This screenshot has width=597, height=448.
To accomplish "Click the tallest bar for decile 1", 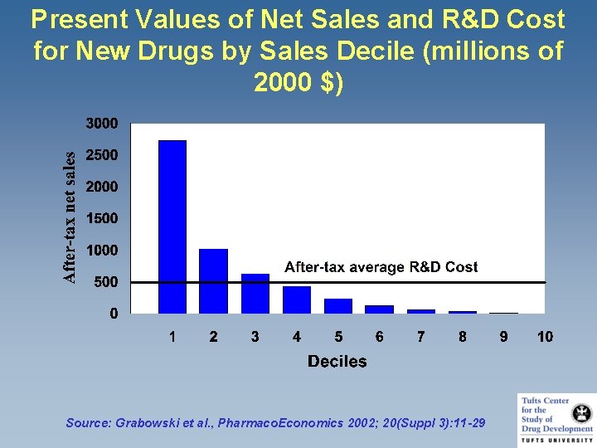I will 172,226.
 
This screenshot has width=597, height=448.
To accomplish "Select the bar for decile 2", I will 214,280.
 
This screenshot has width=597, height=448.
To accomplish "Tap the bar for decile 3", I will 255,293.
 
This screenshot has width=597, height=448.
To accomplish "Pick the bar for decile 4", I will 297,299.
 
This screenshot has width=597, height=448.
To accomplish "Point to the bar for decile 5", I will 338,305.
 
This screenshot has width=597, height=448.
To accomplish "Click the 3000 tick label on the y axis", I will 103,124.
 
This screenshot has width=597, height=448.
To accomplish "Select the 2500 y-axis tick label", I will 103,155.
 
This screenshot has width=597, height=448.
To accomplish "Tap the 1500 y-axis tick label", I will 103,218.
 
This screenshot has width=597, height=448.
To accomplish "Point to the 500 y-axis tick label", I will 107,282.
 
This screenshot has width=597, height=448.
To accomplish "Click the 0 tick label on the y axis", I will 114,314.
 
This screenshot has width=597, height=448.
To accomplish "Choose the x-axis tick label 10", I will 545,337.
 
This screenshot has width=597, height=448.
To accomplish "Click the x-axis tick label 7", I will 421,337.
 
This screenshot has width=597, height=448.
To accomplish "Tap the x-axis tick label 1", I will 172,337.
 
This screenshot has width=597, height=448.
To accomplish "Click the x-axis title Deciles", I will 337,361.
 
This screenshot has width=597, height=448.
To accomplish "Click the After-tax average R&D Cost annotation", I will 381,267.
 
